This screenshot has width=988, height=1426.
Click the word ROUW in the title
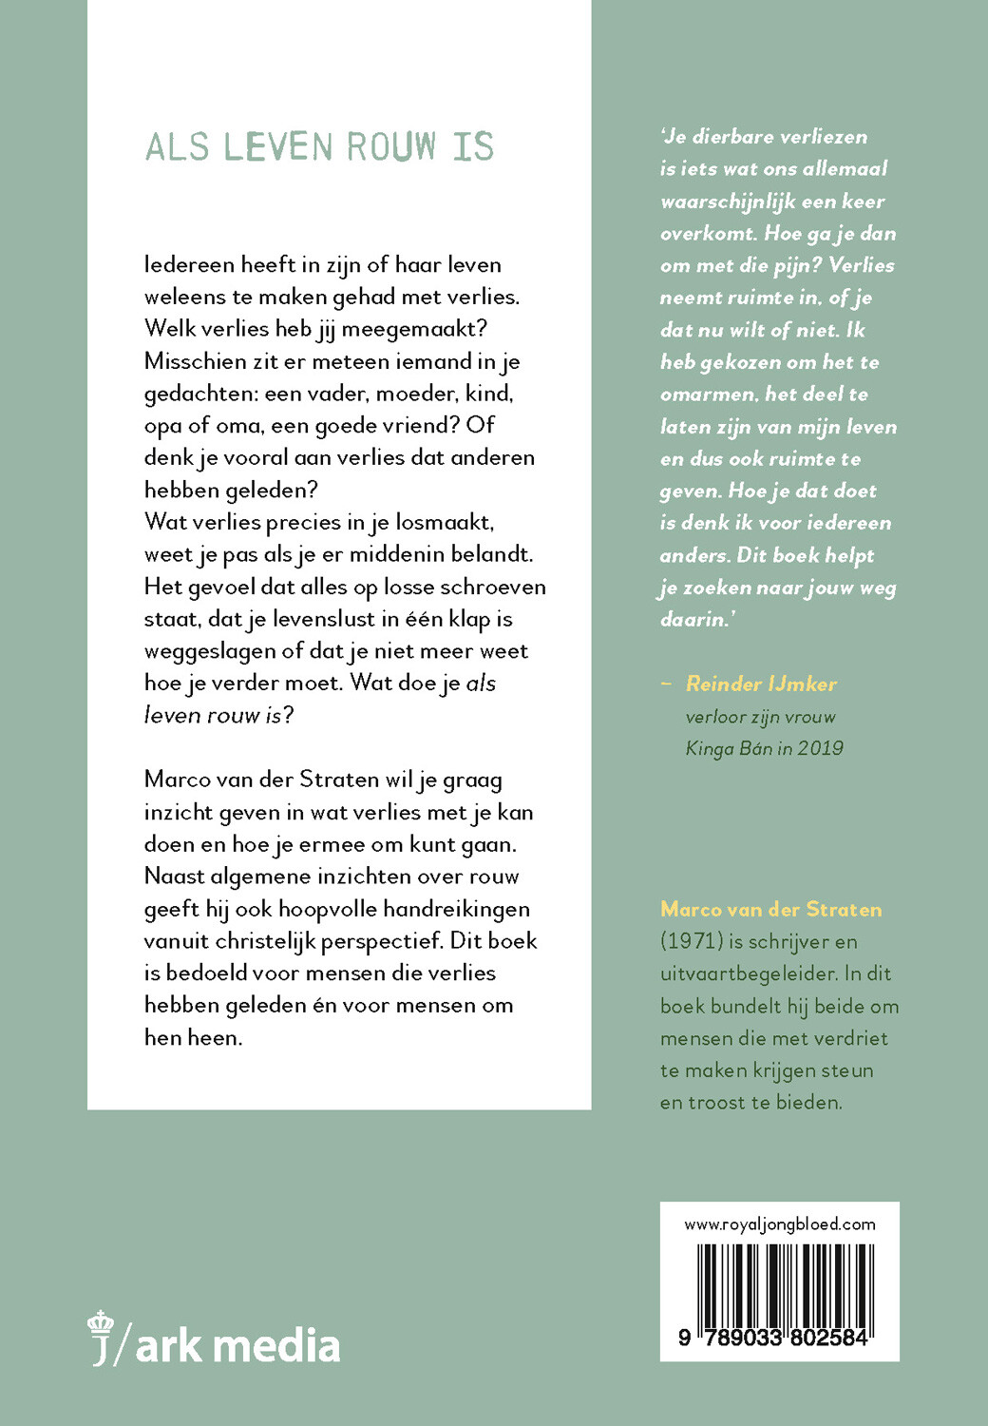pos(390,147)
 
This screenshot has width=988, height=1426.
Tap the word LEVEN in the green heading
pos(278,147)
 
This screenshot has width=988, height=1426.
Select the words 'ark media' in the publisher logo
pos(237,1345)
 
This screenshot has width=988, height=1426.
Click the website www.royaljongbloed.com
pos(780,1224)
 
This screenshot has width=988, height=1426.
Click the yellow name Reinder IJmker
pos(761,684)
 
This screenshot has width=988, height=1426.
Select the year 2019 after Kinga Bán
pos(821,748)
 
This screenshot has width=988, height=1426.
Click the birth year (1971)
pos(691,941)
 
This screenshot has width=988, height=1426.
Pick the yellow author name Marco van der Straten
pos(770,909)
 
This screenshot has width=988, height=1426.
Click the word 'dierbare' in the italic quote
pos(732,136)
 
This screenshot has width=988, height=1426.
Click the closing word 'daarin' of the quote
pos(693,619)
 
